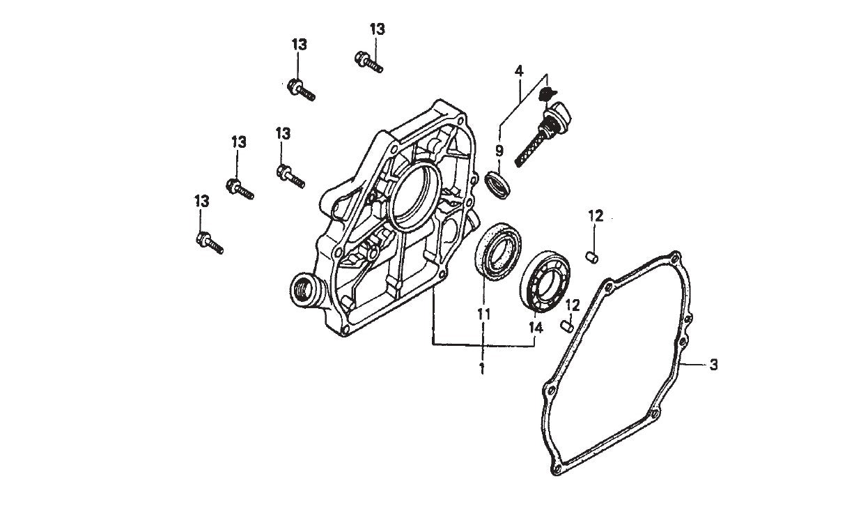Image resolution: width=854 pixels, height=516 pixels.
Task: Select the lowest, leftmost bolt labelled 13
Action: click(209, 243)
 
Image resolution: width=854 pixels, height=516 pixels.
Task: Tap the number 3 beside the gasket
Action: click(713, 364)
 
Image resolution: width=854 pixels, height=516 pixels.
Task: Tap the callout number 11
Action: click(484, 314)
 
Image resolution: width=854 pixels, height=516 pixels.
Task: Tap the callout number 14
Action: click(536, 326)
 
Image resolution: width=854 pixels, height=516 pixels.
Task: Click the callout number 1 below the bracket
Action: click(481, 367)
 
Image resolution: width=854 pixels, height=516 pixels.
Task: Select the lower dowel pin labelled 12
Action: click(567, 324)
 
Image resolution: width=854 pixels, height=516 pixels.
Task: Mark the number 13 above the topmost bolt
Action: click(377, 29)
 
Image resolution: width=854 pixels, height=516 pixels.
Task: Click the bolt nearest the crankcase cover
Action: click(290, 176)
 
